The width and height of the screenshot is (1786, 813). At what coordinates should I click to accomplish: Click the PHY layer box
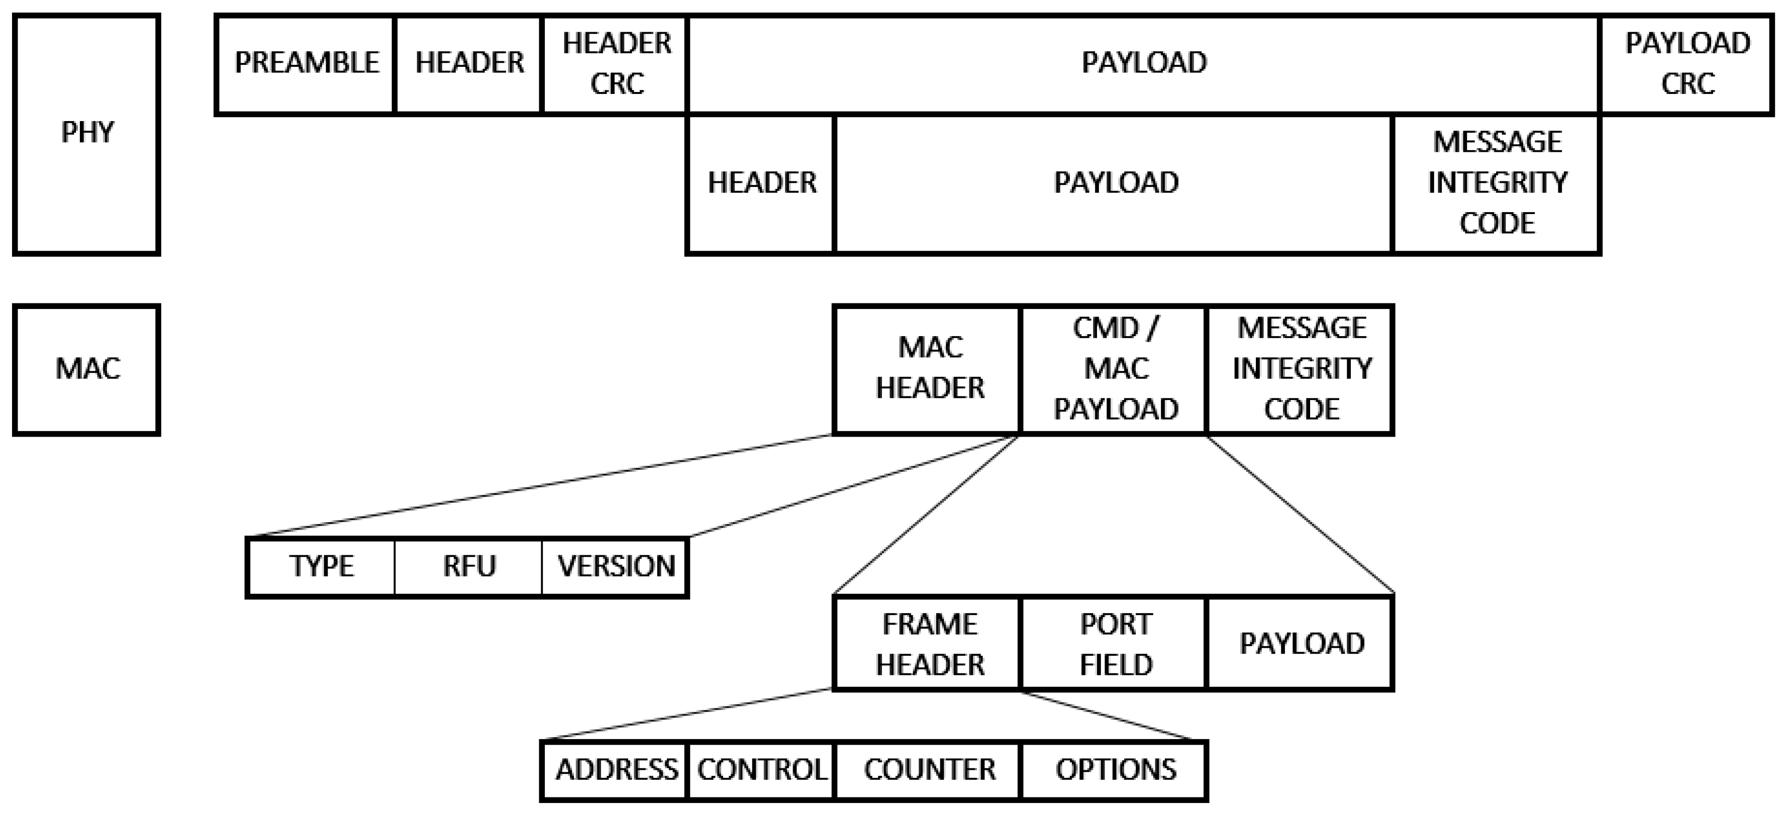86,134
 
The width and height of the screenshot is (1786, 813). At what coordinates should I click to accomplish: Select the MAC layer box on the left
86,369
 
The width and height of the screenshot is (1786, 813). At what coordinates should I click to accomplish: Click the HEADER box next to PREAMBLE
469,64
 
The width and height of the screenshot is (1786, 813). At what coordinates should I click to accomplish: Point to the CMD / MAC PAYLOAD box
1115,369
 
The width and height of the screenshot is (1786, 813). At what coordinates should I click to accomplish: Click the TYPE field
321,567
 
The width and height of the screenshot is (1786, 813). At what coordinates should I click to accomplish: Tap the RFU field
469,567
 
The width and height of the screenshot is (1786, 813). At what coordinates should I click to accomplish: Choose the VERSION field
616,567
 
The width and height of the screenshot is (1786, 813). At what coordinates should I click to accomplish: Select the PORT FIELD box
1115,644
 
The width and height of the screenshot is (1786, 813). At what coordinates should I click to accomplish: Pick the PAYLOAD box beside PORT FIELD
1301,644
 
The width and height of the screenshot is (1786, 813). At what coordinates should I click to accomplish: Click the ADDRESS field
616,770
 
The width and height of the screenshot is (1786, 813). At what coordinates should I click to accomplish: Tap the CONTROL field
761,770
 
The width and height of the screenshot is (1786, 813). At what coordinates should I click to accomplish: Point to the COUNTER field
928,770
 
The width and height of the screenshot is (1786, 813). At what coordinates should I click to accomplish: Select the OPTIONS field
1115,770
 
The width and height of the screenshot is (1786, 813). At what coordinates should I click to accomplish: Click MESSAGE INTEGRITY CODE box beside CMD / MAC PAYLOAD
1301,369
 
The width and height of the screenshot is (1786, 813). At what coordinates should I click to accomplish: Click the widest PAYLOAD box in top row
1143,64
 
